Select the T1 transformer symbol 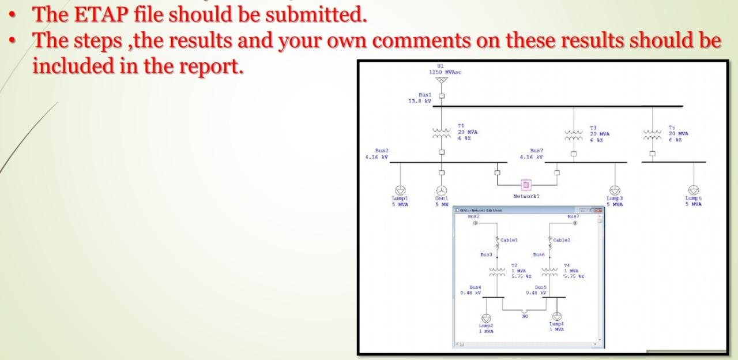pos(442,135)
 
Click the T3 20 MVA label pos(600,134)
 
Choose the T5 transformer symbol pos(652,135)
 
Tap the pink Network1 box pos(526,185)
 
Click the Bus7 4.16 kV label pos(532,153)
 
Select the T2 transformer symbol pos(496,272)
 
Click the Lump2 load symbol pos(487,318)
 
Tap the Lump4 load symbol pos(557,316)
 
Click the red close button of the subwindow pos(598,211)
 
